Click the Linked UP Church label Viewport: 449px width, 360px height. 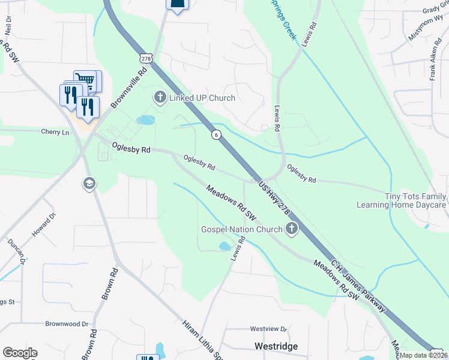coord(202,98)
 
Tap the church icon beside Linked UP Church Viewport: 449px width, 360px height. coord(160,97)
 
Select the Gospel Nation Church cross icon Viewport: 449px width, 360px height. coord(292,229)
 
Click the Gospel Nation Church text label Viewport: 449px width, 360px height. coord(241,229)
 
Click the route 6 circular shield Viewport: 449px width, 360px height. coord(215,135)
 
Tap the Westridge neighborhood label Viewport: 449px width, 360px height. coord(277,346)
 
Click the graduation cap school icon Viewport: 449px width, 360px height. coord(89,183)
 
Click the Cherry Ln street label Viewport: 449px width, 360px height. coord(55,132)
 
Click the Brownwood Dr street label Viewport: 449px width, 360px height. coord(71,323)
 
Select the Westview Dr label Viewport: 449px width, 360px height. coord(269,329)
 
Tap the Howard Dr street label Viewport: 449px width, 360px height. coord(44,224)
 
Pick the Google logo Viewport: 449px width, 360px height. coord(20,353)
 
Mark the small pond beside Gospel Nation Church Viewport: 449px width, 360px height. coord(225,246)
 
